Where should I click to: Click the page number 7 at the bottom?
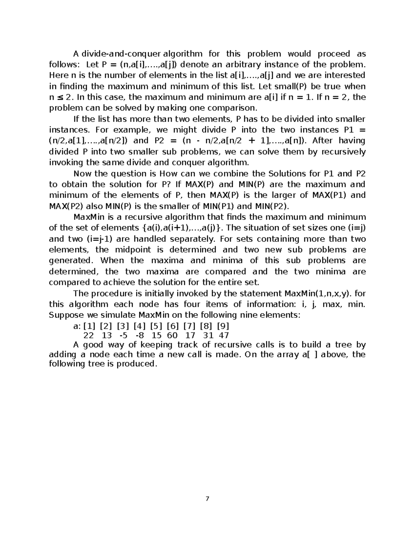pos(207,499)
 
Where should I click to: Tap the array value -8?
pos(140,335)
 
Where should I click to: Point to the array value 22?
pos(89,335)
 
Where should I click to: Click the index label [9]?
pos(223,326)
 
